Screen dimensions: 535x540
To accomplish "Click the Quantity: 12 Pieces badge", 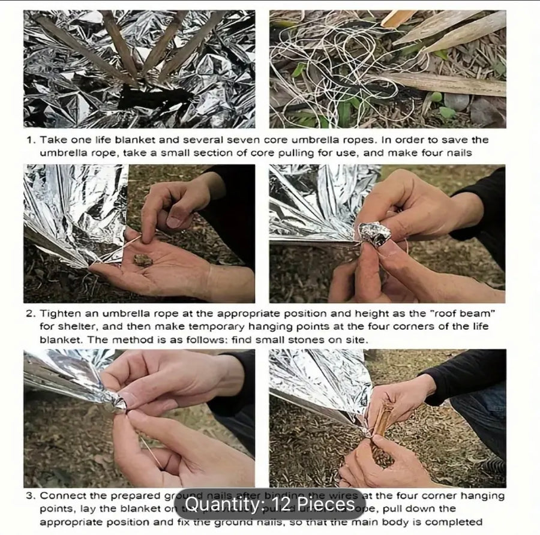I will point(269,504).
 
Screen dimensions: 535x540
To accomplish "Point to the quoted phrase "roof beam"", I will point(468,314).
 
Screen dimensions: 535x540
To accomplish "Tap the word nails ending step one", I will point(459,152).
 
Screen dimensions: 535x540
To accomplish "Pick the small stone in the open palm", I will point(142,260).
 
